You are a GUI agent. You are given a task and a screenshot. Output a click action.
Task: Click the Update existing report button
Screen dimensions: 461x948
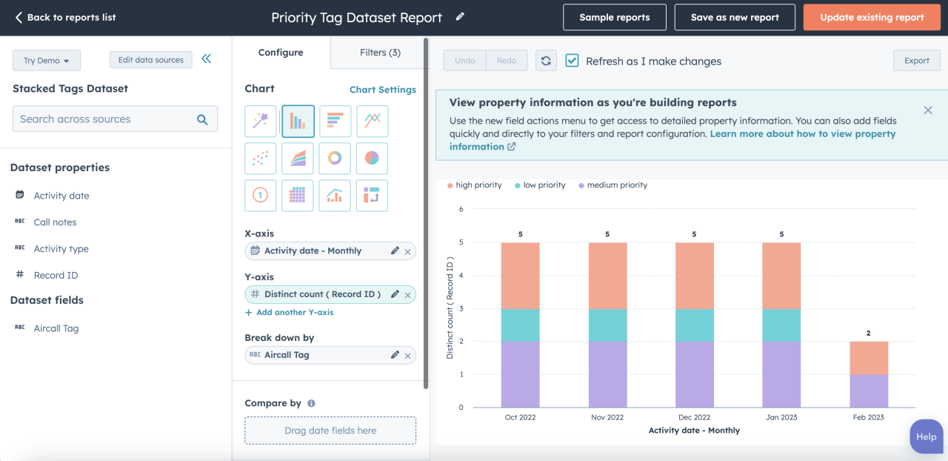[x=872, y=17]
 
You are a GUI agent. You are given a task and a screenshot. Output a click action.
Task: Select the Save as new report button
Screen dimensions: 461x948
[x=735, y=17]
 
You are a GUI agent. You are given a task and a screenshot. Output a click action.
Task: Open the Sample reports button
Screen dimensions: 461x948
[x=614, y=17]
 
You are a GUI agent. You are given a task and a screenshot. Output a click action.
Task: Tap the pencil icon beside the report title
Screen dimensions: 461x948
[x=460, y=16]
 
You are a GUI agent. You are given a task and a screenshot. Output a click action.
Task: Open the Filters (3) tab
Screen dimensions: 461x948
[x=380, y=53]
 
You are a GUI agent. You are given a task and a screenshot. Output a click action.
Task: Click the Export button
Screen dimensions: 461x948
[x=916, y=61]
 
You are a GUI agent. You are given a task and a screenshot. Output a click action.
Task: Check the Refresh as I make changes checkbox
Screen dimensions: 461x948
[x=572, y=61]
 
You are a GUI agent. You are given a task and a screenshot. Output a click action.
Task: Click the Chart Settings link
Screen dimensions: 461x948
[x=382, y=90]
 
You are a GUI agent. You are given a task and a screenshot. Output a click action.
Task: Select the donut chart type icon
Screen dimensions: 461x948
[x=335, y=158]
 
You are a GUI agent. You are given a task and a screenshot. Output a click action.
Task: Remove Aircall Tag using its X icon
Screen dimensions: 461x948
[x=407, y=356]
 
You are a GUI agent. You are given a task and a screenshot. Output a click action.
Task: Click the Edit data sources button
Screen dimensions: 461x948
[x=150, y=60]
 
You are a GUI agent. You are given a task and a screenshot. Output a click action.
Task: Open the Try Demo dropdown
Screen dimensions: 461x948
[x=46, y=61]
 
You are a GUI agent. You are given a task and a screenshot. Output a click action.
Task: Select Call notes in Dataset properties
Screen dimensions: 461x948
[x=55, y=222]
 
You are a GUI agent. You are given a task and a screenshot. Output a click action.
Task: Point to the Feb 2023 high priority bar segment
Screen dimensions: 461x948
[x=868, y=358]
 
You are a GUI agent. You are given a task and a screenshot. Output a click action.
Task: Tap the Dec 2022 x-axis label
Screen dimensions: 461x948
[x=694, y=417]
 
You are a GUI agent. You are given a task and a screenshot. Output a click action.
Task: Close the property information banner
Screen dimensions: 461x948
[x=927, y=110]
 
